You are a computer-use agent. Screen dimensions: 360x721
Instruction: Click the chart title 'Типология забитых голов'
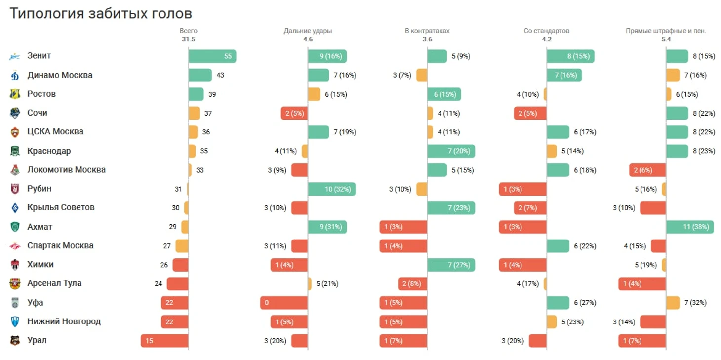(101, 13)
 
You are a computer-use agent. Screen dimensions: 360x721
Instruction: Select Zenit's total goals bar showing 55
(212, 56)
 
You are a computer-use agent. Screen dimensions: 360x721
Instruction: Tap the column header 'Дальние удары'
(308, 31)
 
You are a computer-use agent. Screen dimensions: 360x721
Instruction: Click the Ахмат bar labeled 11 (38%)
(689, 227)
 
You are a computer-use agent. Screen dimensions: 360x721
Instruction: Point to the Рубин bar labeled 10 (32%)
(331, 189)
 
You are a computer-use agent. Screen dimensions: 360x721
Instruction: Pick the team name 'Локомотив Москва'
(66, 170)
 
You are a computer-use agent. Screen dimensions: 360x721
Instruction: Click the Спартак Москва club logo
(15, 246)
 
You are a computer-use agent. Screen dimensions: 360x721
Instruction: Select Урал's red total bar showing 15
(164, 341)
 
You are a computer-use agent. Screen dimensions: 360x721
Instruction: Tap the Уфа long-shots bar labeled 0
(284, 303)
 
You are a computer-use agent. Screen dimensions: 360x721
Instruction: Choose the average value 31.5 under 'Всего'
(189, 39)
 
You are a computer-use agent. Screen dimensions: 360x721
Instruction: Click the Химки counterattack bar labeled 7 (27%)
(451, 265)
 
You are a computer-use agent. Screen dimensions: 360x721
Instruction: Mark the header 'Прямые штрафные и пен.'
(666, 31)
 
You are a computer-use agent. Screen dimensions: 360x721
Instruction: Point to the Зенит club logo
(15, 56)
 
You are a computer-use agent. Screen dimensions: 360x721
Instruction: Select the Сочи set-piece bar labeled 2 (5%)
(530, 113)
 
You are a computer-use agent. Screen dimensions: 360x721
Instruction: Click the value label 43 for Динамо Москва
(220, 75)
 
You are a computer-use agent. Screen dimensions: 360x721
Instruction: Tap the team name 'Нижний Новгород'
(64, 321)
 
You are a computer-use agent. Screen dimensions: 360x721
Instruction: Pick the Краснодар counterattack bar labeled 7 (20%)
(451, 151)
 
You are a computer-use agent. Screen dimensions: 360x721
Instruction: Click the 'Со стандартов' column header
(546, 31)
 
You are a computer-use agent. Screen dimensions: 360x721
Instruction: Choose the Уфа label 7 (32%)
(695, 303)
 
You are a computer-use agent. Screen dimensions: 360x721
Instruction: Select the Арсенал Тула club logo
(15, 284)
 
